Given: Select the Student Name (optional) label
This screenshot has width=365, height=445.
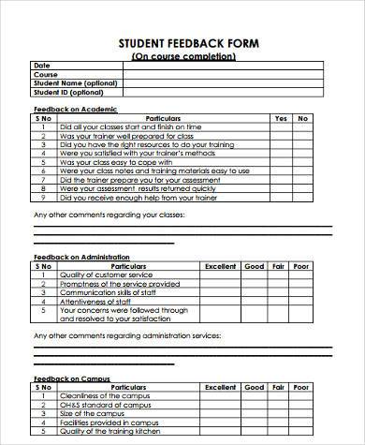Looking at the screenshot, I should [66, 83].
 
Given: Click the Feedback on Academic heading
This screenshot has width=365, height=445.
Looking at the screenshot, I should [69, 110].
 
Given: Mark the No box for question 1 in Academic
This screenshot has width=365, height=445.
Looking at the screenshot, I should [302, 127].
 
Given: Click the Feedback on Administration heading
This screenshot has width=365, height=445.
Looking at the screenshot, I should [80, 256].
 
